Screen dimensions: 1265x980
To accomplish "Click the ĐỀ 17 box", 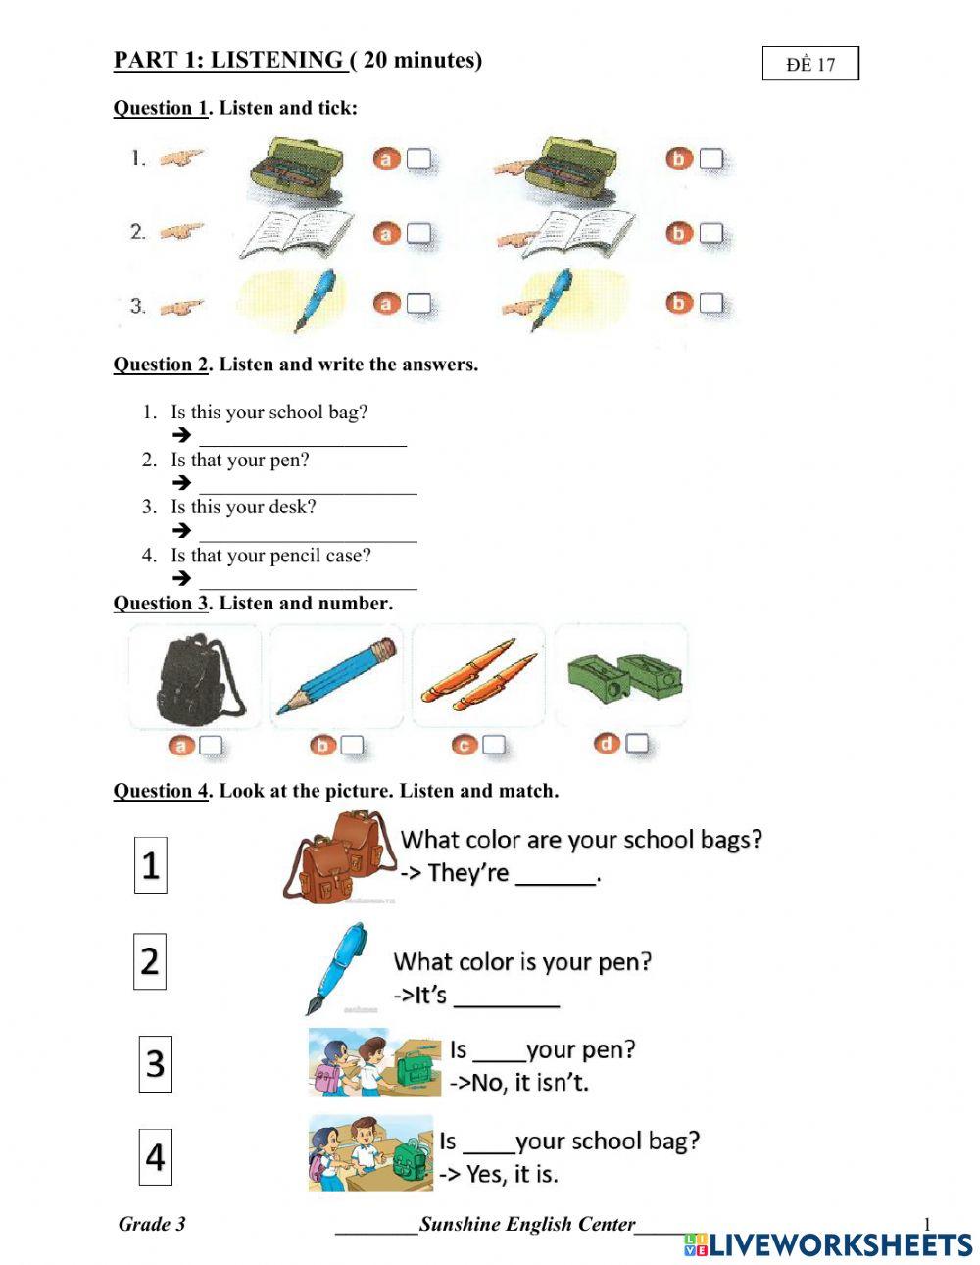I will click(810, 64).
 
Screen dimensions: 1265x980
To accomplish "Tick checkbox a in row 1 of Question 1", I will click(418, 159).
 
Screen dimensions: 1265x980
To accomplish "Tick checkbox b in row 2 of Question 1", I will click(710, 233).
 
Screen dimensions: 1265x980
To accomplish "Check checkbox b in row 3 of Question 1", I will click(710, 303).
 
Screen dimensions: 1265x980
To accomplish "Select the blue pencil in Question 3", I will click(337, 676).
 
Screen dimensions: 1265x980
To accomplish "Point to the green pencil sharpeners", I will click(623, 674).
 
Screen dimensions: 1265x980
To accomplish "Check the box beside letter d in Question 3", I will click(637, 744).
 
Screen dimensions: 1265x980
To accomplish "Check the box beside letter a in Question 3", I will click(211, 746).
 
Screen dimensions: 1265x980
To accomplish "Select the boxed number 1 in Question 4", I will click(150, 865).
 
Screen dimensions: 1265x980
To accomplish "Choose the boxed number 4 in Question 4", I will click(155, 1157).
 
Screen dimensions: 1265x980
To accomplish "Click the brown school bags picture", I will click(338, 855).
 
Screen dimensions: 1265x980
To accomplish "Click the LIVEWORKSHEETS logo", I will click(828, 1244).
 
